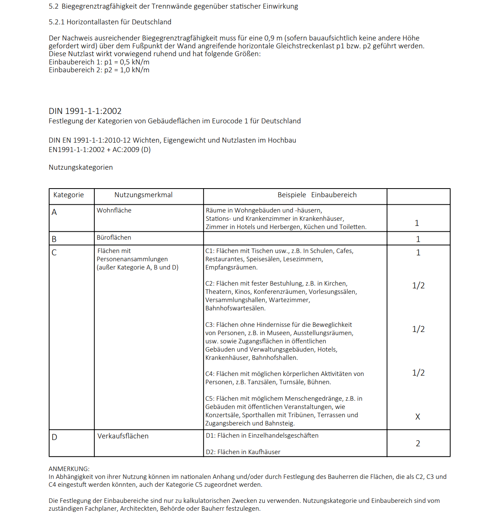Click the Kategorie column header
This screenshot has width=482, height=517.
pyautogui.click(x=68, y=195)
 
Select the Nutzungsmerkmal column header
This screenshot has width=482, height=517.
pyautogui.click(x=143, y=195)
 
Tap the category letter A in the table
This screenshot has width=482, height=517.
pyautogui.click(x=54, y=212)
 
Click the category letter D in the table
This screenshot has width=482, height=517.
pyautogui.click(x=54, y=437)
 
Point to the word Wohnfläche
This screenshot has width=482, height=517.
pyautogui.click(x=114, y=211)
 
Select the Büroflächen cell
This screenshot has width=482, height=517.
pyautogui.click(x=114, y=238)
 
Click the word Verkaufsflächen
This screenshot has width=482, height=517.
pyautogui.click(x=123, y=436)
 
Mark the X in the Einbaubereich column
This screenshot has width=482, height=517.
pyautogui.click(x=418, y=417)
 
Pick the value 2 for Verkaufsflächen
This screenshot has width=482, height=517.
pyautogui.click(x=418, y=444)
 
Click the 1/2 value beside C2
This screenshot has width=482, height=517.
pyautogui.click(x=418, y=286)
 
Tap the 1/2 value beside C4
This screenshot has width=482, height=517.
pyautogui.click(x=418, y=373)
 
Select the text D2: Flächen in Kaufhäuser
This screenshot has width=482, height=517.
pyautogui.click(x=243, y=452)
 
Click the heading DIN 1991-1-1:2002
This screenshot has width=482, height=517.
pyautogui.click(x=85, y=111)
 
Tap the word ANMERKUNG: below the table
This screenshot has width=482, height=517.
pyautogui.click(x=69, y=469)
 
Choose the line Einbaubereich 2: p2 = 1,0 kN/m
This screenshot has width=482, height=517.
pyautogui.click(x=99, y=70)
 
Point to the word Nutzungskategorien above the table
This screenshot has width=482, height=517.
pyautogui.click(x=81, y=167)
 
